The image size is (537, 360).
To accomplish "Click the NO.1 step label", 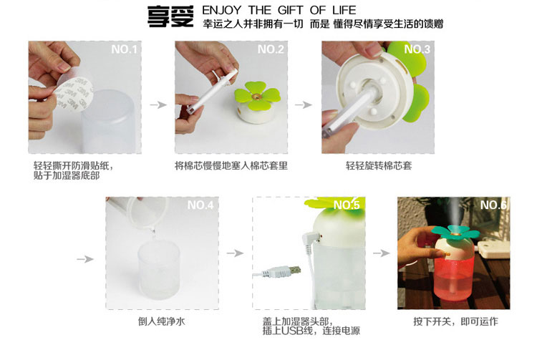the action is point(124,49).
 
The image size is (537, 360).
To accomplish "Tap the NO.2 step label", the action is point(271,49).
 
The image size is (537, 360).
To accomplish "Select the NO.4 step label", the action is point(200,205).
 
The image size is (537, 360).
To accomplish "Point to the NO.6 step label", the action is point(493,205).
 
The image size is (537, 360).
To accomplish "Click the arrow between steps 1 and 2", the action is point(158,104).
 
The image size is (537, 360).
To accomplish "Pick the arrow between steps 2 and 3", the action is point(304,104).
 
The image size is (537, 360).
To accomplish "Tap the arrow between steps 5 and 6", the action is point(381,253).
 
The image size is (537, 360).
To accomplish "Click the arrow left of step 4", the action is point(85,259).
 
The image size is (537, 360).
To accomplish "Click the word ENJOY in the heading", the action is point(221,10).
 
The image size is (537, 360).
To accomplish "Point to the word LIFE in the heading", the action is point(344,10).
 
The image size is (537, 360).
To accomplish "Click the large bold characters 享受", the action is point(170,16).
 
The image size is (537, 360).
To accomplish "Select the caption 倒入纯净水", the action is point(161,321).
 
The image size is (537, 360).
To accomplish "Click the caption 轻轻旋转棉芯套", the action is point(379,166).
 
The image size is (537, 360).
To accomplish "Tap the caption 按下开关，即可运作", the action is point(455,321).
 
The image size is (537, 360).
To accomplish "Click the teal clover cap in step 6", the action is point(455,233).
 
